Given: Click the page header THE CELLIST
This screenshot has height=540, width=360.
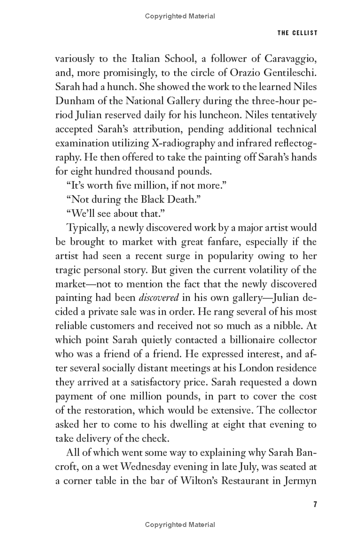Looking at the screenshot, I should coord(297,33).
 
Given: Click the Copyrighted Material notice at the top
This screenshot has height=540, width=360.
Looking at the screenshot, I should coord(180,16).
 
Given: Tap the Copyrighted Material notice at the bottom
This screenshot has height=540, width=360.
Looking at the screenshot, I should coord(180,524).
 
